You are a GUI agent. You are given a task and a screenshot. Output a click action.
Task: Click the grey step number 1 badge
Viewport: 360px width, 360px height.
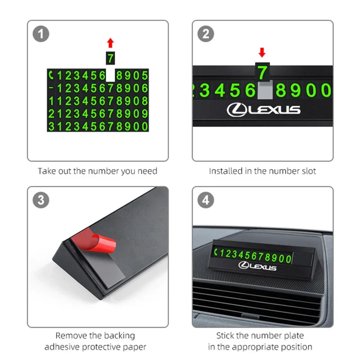41,34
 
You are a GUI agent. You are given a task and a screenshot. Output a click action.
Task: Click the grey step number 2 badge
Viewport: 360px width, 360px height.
206,34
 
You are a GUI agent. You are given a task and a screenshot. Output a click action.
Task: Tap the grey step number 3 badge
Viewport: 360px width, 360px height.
41,200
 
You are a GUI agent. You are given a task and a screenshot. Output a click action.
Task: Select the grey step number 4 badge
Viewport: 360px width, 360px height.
206,200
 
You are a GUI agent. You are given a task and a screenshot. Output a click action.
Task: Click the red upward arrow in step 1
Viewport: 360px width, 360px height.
110,43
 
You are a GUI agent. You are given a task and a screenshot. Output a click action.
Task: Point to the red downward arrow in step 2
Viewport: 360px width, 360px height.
262,53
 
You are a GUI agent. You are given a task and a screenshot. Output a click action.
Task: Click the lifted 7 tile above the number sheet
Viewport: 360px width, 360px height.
110,58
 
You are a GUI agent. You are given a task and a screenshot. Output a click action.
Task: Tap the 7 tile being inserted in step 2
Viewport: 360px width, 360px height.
262,72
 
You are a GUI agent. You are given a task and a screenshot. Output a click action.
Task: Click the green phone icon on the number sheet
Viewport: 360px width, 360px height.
51,75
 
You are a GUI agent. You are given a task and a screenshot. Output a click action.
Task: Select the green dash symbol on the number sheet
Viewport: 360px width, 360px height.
51,87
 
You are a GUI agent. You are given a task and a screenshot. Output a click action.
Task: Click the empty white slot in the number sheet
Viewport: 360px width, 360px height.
110,75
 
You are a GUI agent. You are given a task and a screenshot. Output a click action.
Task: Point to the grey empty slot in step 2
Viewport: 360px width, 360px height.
265,90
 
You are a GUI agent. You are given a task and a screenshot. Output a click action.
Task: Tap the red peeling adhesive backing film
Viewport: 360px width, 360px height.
94,239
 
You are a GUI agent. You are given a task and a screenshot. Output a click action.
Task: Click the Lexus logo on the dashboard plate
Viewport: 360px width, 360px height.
257,266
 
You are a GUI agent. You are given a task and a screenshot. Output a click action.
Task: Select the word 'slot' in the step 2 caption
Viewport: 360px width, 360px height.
309,171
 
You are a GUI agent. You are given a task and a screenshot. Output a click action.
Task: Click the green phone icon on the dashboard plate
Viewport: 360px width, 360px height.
216,252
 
